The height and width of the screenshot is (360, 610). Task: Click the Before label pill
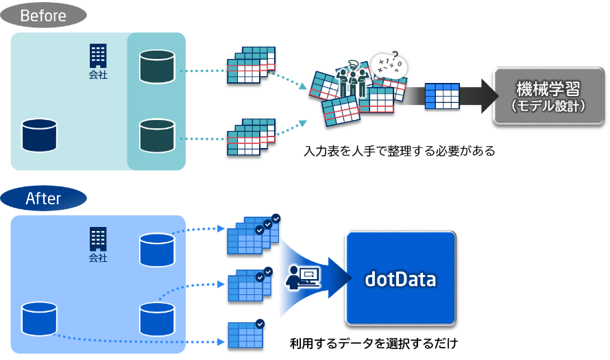[x=43, y=14]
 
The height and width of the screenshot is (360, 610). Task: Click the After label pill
[x=43, y=199]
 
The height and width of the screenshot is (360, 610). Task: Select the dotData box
[x=400, y=278]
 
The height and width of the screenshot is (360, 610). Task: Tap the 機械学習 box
[x=548, y=96]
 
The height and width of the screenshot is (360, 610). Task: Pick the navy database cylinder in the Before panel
[x=39, y=134]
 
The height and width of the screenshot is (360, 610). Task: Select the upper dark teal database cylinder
[x=157, y=66]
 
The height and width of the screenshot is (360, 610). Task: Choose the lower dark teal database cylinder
[x=157, y=135]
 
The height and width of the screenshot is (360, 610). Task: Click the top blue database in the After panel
[x=157, y=250]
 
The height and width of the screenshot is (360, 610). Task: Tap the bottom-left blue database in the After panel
[x=39, y=318]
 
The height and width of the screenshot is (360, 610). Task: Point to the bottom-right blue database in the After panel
[x=157, y=319]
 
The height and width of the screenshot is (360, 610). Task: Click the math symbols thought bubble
[x=389, y=67]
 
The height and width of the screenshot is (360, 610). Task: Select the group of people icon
[x=354, y=77]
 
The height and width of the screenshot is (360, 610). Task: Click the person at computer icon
[x=302, y=276]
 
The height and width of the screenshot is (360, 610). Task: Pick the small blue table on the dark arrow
[x=441, y=96]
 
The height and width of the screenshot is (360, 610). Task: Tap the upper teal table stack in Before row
[x=251, y=65]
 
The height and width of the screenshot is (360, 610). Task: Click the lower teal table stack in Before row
[x=251, y=136]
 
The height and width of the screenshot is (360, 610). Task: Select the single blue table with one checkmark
[x=245, y=334]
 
